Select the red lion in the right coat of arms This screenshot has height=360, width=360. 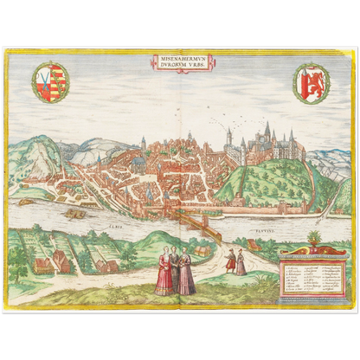tap(311, 84)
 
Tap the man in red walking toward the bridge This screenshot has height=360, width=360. tap(230, 259)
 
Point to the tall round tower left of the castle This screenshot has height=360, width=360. tap(228, 141)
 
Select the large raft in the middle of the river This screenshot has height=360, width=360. tap(74, 212)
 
